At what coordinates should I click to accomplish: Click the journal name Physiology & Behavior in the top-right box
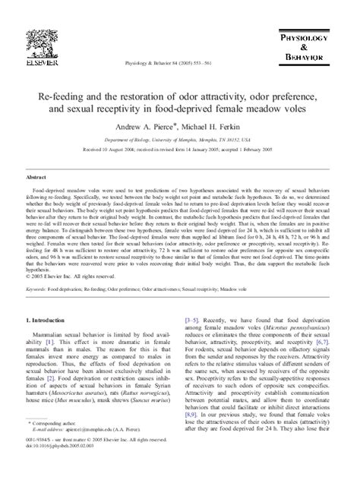tap(316, 33)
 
